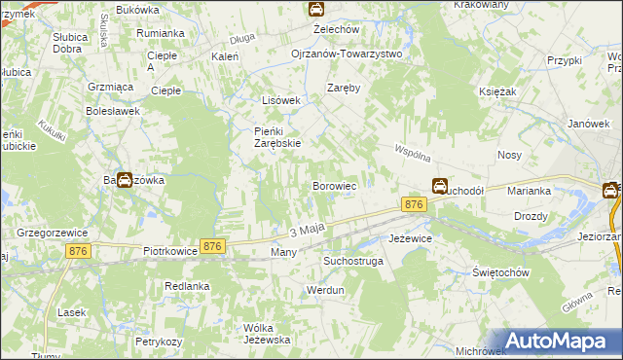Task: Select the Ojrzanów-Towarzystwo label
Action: click(346, 54)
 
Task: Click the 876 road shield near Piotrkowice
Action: click(213, 247)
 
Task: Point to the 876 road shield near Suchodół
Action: click(414, 204)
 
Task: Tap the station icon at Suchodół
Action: click(440, 185)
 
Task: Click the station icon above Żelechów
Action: click(316, 9)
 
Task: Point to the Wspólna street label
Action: click(412, 153)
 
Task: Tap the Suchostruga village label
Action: click(353, 262)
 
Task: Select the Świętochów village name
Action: click(499, 272)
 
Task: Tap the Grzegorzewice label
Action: click(54, 233)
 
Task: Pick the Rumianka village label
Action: click(161, 33)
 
